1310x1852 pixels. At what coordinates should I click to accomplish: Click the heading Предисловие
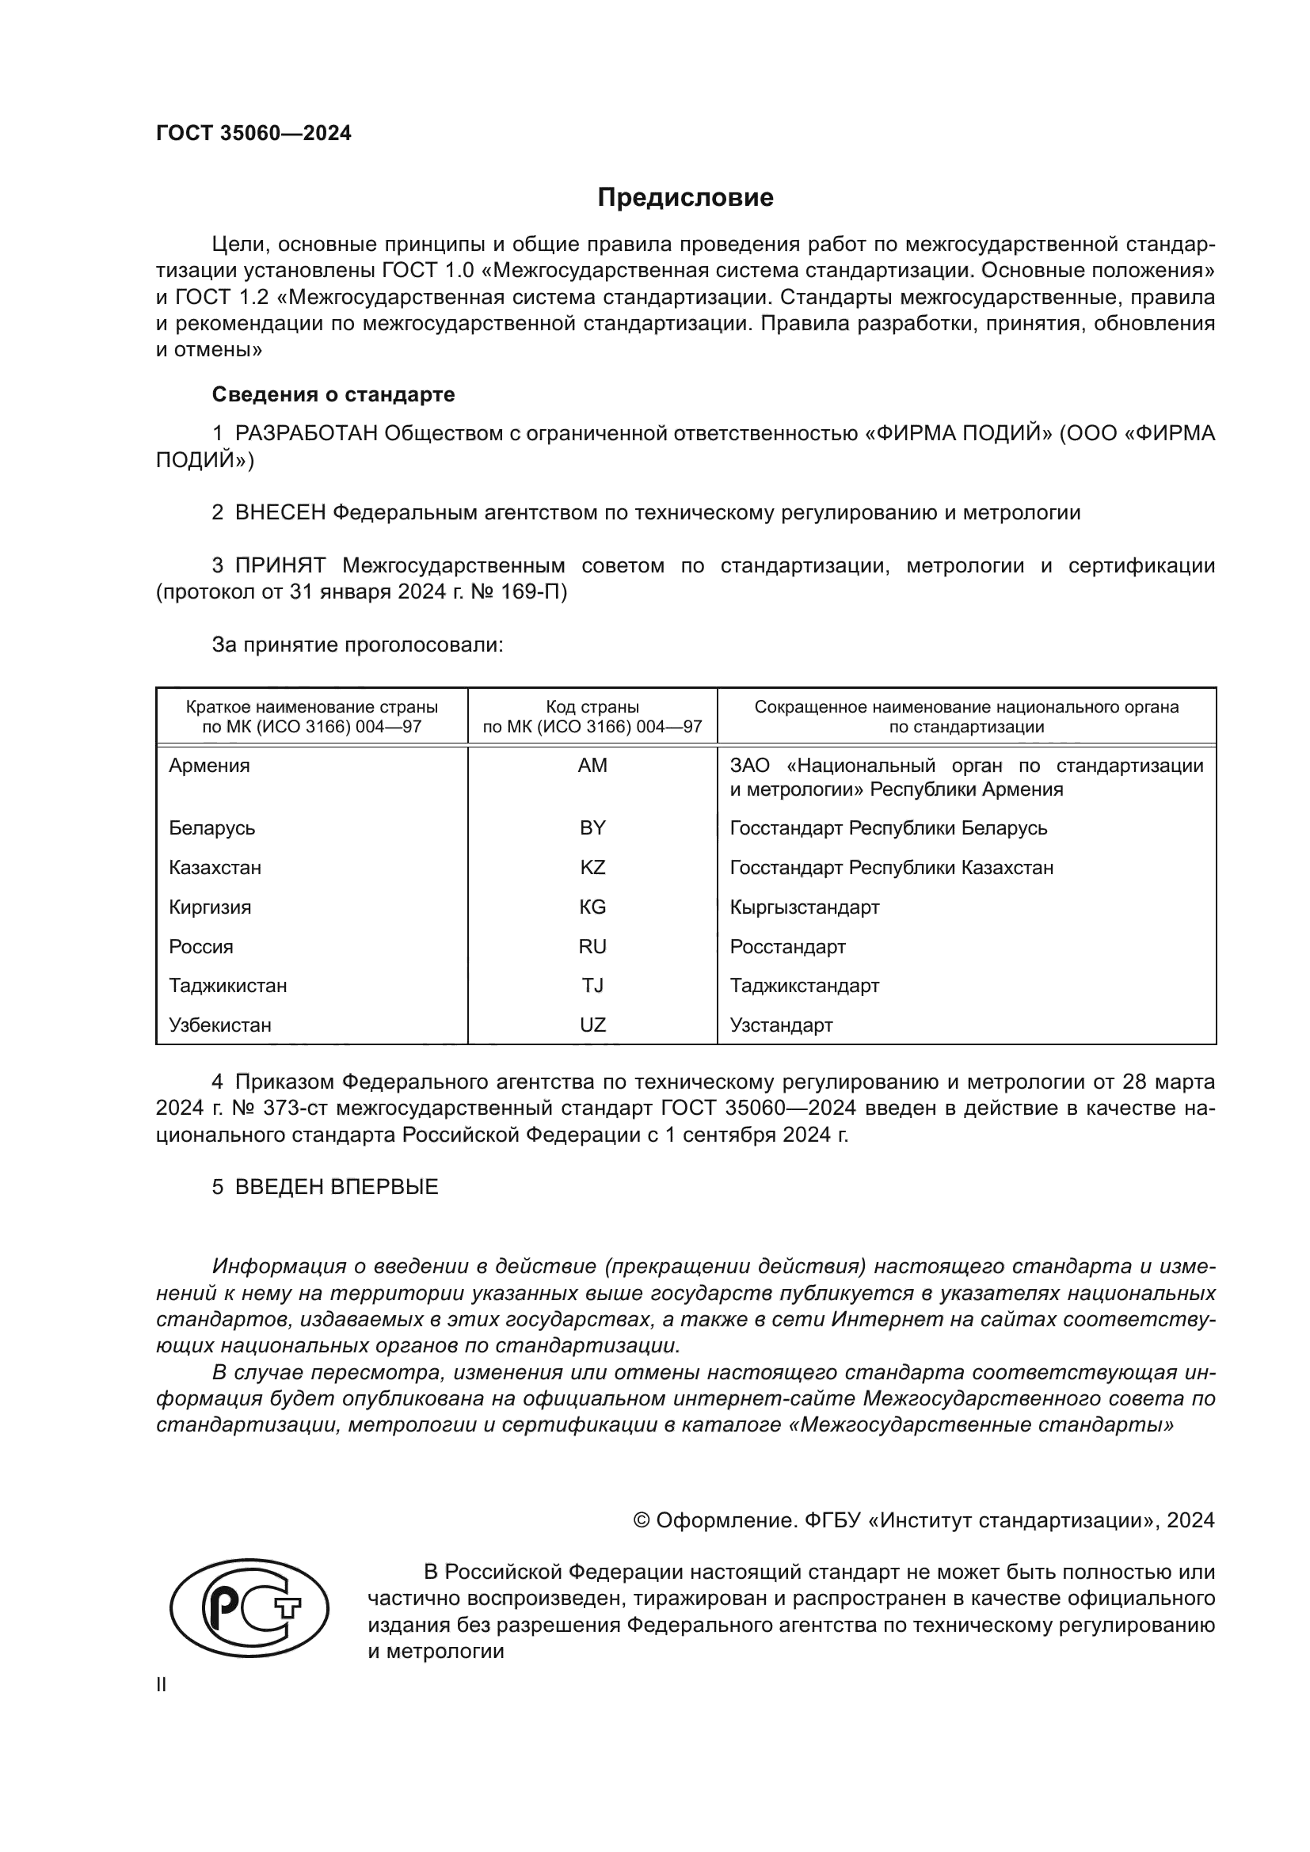coord(685,198)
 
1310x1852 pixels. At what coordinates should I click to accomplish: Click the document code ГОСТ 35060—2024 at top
coord(253,134)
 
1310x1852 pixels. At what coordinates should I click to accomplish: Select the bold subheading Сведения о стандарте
coord(333,394)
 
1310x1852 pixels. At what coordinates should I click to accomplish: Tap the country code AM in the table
coord(592,766)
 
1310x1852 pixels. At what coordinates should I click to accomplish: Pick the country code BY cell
coord(592,828)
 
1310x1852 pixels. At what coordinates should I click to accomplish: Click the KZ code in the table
coord(592,868)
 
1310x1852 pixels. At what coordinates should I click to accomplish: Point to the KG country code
coord(592,907)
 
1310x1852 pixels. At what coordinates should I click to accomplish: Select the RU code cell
coord(592,947)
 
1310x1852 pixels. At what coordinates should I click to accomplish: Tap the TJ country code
coord(592,986)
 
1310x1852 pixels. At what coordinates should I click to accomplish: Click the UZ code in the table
coord(592,1025)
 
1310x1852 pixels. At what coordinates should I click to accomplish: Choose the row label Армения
coord(209,766)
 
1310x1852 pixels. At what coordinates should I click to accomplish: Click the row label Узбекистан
coord(219,1025)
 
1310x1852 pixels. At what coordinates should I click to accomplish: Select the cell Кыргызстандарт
coord(804,907)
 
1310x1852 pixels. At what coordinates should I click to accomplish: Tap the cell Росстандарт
coord(787,947)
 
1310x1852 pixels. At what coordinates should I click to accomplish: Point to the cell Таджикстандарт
coord(804,986)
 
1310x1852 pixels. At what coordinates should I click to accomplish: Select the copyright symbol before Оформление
coord(642,1520)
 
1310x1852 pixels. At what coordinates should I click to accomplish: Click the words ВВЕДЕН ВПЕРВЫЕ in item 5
coord(337,1187)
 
